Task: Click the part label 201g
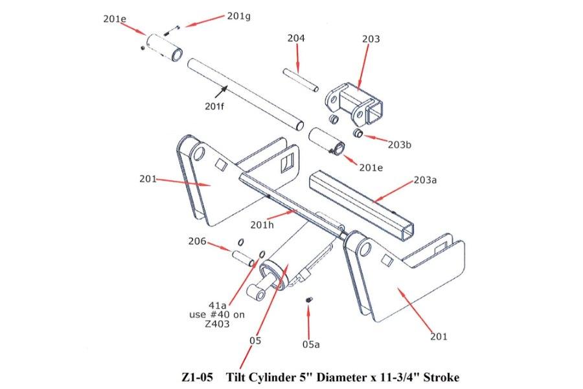pyautogui.click(x=238, y=16)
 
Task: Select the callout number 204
pyautogui.click(x=296, y=39)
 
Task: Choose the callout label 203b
pyautogui.click(x=399, y=144)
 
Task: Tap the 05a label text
pyautogui.click(x=311, y=344)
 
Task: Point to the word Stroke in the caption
pyautogui.click(x=442, y=377)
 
